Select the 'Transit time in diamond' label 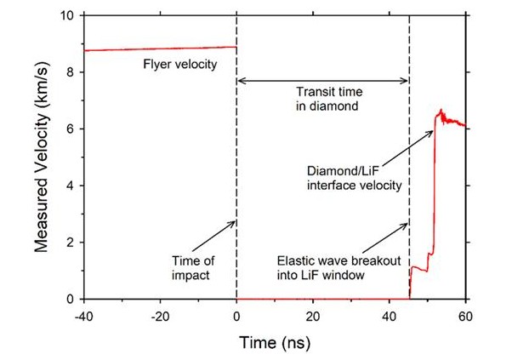pos(321,100)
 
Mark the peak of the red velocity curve pos(441,111)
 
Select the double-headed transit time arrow pos(322,81)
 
